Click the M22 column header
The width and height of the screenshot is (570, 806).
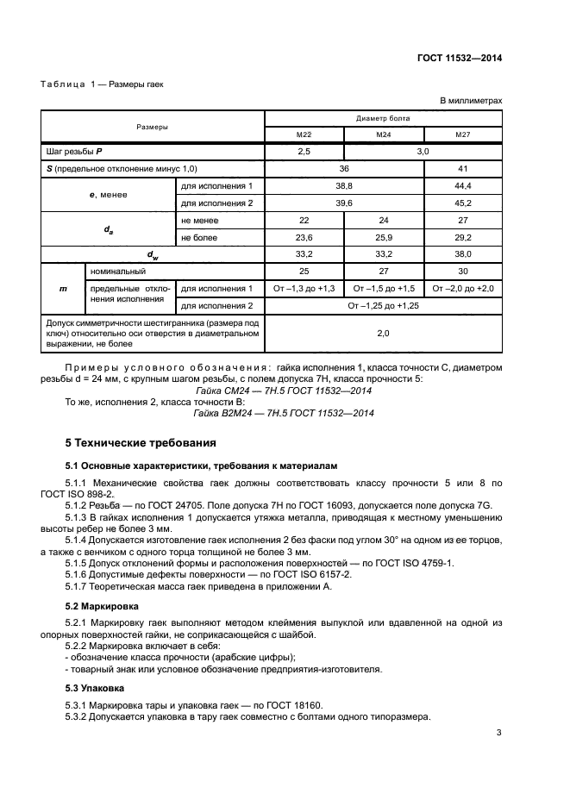pyautogui.click(x=304, y=134)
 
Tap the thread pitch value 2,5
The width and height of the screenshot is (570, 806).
pyautogui.click(x=304, y=151)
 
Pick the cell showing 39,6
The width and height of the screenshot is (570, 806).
pyautogui.click(x=343, y=203)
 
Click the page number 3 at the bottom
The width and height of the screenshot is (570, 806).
pyautogui.click(x=499, y=734)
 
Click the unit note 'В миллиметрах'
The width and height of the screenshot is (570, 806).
pyautogui.click(x=472, y=101)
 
